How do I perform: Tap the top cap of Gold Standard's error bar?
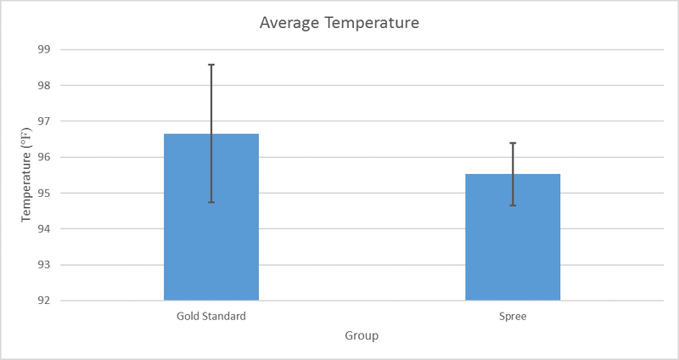[x=211, y=65]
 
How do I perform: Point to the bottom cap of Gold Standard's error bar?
[x=211, y=202]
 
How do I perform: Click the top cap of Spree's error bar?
[x=513, y=143]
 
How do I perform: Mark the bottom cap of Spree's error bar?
[x=513, y=205]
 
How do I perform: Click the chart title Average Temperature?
[x=339, y=23]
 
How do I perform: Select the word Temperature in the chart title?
[x=370, y=23]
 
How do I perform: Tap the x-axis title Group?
[x=362, y=335]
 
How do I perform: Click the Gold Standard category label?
[x=211, y=316]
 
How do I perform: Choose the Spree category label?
[x=513, y=316]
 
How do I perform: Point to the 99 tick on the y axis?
[x=44, y=49]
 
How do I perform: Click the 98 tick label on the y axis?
[x=44, y=85]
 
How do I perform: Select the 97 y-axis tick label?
[x=44, y=121]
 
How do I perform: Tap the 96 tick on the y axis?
[x=44, y=157]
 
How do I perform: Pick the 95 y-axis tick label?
[x=44, y=193]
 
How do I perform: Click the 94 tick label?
[x=44, y=228]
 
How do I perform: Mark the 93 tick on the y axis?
[x=44, y=264]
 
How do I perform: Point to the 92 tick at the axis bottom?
[x=44, y=300]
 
